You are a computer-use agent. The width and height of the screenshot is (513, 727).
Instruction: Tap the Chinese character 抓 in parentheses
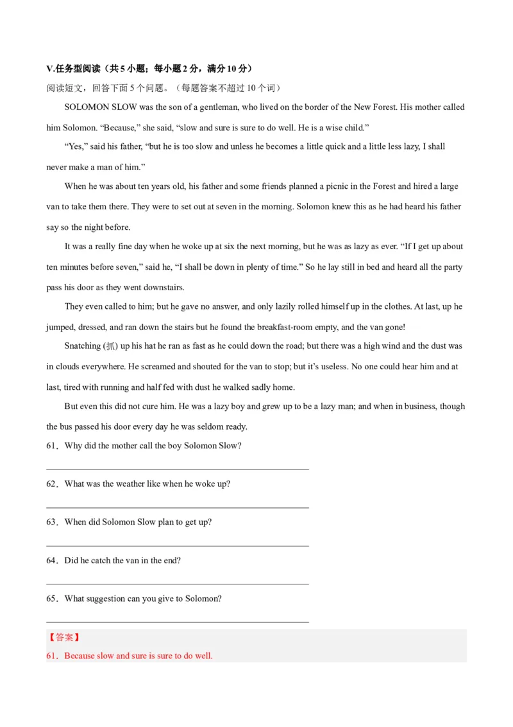[x=112, y=346]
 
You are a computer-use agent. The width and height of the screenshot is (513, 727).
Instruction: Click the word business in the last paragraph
[x=416, y=407]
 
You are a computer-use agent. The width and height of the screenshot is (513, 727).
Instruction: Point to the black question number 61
[x=51, y=446]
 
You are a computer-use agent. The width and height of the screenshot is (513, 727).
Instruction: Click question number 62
[x=51, y=484]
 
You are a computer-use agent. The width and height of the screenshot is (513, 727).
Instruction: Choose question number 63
[x=51, y=522]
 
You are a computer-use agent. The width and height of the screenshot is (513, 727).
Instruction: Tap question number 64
[x=51, y=561]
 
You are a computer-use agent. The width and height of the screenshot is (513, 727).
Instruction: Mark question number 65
[x=51, y=599]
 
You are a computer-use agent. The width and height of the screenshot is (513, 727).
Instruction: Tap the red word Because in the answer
[x=80, y=656]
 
